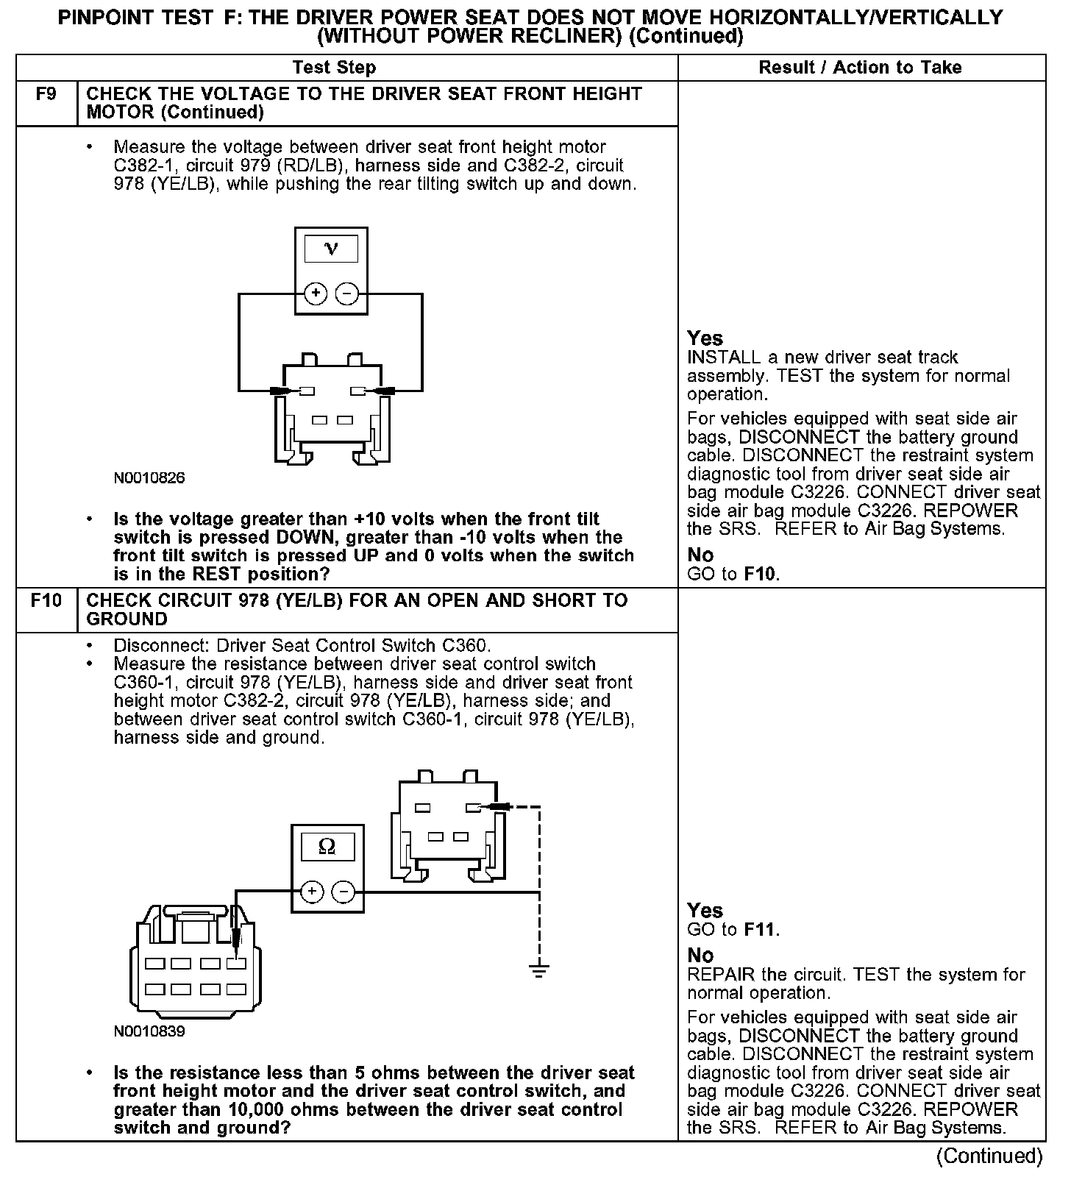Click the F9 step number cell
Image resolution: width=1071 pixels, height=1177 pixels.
[x=46, y=94]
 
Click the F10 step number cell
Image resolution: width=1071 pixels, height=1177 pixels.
[x=46, y=601]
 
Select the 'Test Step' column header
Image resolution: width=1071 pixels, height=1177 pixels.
[x=334, y=68]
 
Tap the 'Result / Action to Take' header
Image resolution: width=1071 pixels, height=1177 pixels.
[x=860, y=68]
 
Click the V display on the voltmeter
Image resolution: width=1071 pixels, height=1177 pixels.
[x=331, y=249]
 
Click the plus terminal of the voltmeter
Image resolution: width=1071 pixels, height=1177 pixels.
[x=316, y=294]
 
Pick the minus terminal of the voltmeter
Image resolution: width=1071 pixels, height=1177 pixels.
[x=346, y=294]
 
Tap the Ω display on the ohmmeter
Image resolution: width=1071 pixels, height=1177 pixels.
[x=327, y=847]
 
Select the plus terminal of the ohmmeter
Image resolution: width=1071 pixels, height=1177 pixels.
[x=312, y=892]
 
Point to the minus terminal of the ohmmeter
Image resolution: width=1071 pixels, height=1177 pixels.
[x=343, y=892]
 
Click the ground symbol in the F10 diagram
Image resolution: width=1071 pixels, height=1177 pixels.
[x=539, y=971]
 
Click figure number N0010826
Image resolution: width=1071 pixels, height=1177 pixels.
[x=149, y=478]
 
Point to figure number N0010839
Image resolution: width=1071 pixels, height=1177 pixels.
[x=149, y=1031]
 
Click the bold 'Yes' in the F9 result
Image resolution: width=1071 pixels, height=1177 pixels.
[x=705, y=338]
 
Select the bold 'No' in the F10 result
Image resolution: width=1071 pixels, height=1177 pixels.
[x=700, y=955]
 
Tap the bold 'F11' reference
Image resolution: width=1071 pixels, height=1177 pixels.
[x=760, y=930]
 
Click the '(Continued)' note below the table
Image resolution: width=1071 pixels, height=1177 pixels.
[x=989, y=1156]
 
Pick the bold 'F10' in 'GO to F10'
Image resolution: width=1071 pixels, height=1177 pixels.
[x=760, y=574]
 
